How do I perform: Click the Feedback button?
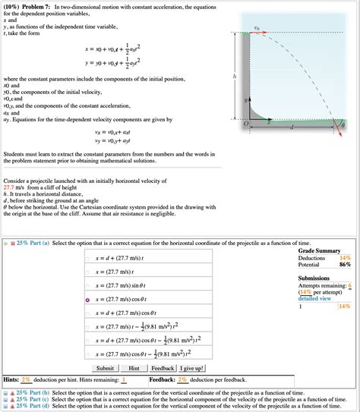pyautogui.click(x=163, y=368)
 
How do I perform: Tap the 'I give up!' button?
pyautogui.click(x=195, y=368)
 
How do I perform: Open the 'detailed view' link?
pyautogui.click(x=315, y=298)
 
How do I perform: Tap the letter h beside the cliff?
pyautogui.click(x=236, y=77)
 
